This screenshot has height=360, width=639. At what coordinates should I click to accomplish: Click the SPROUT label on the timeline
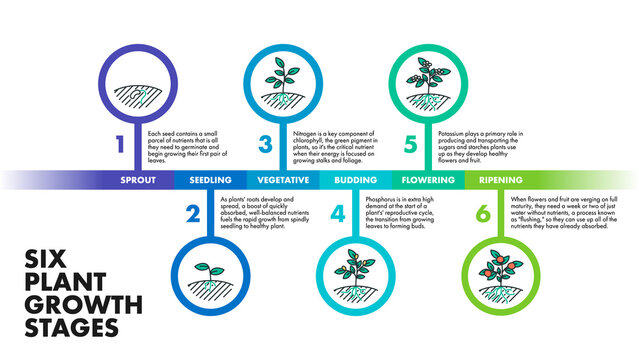point(138,180)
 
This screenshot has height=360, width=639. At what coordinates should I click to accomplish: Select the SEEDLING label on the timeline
point(211,180)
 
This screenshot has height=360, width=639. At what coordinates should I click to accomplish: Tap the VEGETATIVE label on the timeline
point(283,180)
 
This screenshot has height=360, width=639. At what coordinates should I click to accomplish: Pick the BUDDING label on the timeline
point(355,180)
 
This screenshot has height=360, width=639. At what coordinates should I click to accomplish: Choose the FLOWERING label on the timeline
point(428,180)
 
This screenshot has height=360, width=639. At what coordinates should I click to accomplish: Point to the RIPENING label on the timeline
point(501,180)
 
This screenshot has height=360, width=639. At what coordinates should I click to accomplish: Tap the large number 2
point(192,213)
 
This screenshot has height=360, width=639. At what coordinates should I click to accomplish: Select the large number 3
point(265,144)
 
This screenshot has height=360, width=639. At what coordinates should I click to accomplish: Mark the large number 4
point(337,213)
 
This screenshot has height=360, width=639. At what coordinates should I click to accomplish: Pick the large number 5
point(410,144)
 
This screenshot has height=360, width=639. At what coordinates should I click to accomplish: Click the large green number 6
point(483,213)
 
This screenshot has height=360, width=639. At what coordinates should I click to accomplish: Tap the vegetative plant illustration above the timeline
point(283,85)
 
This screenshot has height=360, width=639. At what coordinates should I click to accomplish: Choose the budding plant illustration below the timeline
point(355,275)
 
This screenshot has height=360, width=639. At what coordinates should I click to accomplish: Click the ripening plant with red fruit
point(501,275)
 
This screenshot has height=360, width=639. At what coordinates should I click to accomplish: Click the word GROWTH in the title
point(82,303)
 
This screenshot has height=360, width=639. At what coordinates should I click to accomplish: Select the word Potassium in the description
point(454,132)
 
